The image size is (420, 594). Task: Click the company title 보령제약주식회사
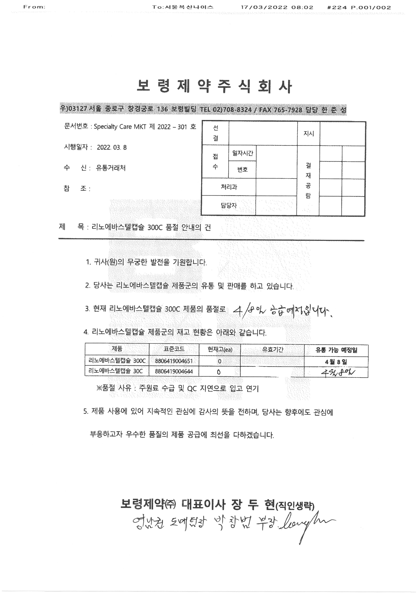pyautogui.click(x=214, y=86)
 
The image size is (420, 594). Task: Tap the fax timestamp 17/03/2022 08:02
pyautogui.click(x=277, y=7)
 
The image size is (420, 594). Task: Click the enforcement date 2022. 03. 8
pyautogui.click(x=112, y=148)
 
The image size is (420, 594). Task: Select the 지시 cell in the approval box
pyautogui.click(x=309, y=133)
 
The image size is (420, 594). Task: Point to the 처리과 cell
pyautogui.click(x=229, y=187)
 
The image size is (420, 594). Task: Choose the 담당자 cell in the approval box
pyautogui.click(x=229, y=206)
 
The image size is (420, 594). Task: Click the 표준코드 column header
pyautogui.click(x=174, y=349)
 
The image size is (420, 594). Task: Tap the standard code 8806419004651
pyautogui.click(x=174, y=361)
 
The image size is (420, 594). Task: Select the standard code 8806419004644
pyautogui.click(x=174, y=371)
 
